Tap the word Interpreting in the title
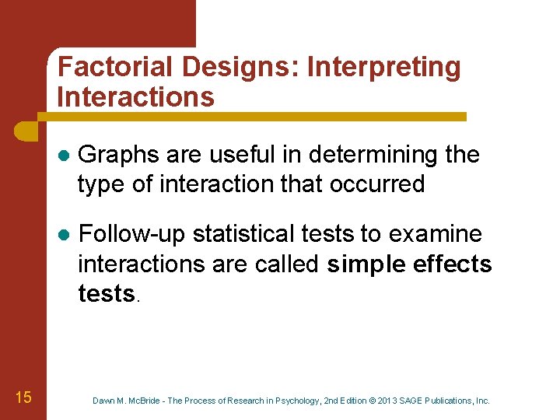pyautogui.click(x=384, y=67)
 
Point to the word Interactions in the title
pyautogui.click(x=135, y=97)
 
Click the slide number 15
pyautogui.click(x=23, y=398)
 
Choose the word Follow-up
pyautogui.click(x=132, y=234)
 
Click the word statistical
pyautogui.click(x=247, y=234)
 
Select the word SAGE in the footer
pyautogui.click(x=413, y=401)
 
